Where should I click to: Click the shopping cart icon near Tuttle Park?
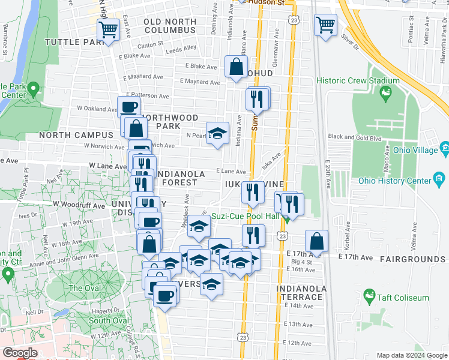coord(109,29)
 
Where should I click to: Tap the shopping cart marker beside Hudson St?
coord(325,25)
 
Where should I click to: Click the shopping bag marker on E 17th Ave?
coord(316,241)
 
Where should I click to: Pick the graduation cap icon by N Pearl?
coord(217,133)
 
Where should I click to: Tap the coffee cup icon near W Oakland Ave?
coord(129,107)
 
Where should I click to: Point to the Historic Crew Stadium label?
coord(358,81)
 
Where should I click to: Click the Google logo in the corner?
coord(19,353)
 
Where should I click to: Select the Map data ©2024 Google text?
coord(412,355)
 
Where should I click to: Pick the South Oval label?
coord(109,320)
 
